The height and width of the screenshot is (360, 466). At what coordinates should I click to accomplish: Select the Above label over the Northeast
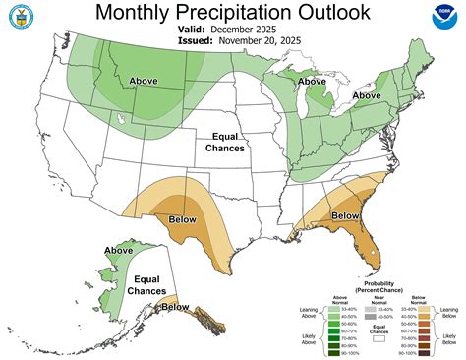tap(367, 95)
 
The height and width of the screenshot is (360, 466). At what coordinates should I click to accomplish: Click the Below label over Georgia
tap(345, 215)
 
